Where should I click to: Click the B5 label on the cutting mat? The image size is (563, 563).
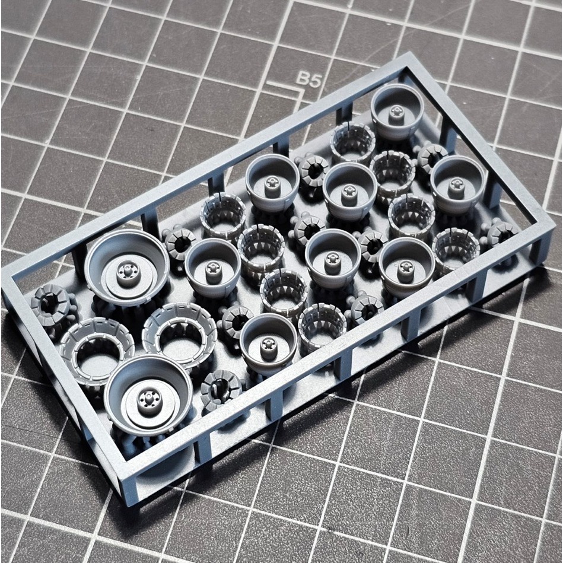pos(308,79)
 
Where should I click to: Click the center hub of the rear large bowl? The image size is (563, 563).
pos(126,273)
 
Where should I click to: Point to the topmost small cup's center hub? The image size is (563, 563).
pos(396,112)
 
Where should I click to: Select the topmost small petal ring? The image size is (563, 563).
pos(352,141)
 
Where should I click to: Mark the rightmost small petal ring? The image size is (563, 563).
pos(456,248)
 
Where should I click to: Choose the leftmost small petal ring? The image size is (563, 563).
pos(223,214)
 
